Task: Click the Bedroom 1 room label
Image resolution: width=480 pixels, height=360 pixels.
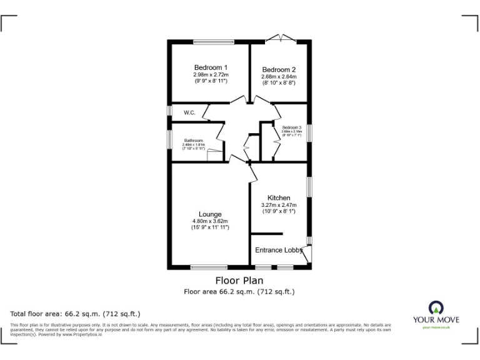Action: (x=210, y=67)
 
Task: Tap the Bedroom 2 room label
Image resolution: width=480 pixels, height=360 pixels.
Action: (x=279, y=69)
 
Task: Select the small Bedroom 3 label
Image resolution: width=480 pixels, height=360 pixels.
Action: (x=291, y=127)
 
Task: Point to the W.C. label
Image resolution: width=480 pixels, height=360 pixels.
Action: (x=190, y=113)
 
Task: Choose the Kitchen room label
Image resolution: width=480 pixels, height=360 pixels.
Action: (x=279, y=198)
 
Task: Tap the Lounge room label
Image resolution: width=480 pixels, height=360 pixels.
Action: (x=210, y=214)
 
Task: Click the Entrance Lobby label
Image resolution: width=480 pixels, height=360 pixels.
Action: (x=278, y=250)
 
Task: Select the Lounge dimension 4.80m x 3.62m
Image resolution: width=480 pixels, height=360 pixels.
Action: (x=210, y=221)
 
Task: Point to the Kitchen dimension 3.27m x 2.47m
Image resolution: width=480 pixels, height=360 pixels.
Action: (x=279, y=205)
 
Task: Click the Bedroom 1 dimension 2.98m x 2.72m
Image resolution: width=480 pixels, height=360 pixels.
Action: (x=211, y=75)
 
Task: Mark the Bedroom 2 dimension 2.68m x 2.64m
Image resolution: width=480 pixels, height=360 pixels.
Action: (x=279, y=76)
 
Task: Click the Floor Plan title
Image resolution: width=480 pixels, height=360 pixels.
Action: (x=239, y=281)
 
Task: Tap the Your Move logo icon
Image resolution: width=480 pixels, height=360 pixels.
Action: (x=436, y=307)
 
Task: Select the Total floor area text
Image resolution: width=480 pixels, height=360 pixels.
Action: (x=76, y=314)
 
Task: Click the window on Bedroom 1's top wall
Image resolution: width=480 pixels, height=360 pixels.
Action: (x=213, y=42)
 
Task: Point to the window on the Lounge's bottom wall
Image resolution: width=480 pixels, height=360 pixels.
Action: (x=209, y=267)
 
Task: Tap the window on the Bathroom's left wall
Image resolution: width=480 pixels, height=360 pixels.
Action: (x=169, y=137)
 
